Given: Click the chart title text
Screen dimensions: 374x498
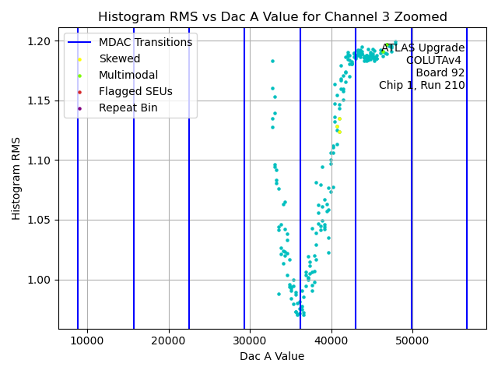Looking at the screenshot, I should tap(272, 16).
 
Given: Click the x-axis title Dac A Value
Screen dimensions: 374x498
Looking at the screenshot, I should tap(272, 356).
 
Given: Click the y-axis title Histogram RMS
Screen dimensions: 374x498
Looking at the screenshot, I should tap(16, 178).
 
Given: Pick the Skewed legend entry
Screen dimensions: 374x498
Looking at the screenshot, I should tap(119, 58).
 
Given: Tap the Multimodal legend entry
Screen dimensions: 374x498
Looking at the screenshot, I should tap(128, 75).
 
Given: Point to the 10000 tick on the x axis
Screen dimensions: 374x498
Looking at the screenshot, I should tap(87, 340).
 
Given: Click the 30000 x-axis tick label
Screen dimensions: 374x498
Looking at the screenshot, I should tap(250, 340).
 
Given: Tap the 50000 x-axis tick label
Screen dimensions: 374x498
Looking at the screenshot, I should tap(412, 340).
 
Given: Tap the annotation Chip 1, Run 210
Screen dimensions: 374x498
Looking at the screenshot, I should tap(422, 85).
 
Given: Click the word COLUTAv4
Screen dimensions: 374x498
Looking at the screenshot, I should tap(435, 60).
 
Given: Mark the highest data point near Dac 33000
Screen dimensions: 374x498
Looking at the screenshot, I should tap(272, 61).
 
